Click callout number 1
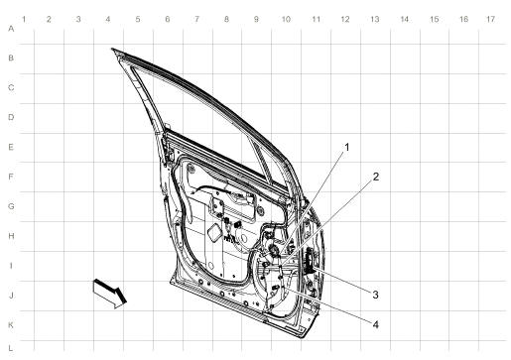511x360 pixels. point(347,147)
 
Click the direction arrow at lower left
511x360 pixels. point(110,293)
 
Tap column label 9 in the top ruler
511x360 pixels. point(256,21)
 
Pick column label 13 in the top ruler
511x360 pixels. point(374,21)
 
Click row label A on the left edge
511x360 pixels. point(10,30)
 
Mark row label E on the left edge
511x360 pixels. point(10,148)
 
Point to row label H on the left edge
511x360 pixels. point(10,237)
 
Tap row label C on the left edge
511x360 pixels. point(10,88)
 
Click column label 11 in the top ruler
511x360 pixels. point(315,21)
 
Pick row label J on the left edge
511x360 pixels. point(10,296)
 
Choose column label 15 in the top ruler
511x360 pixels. point(433,21)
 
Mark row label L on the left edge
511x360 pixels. point(10,346)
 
